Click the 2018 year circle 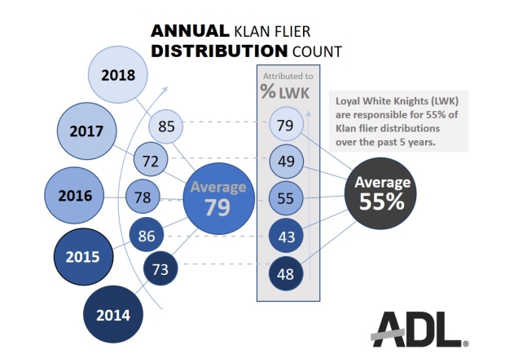pos(119,75)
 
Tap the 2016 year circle pos(74,195)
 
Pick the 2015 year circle pos(84,256)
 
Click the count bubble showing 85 pos(167,126)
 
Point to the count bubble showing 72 pos(150,161)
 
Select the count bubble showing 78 pos(143,197)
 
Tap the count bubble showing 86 pos(148,237)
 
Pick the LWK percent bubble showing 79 pos(285,125)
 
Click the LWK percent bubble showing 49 pos(285,161)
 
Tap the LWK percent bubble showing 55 pos(285,197)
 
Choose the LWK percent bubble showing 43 pos(285,236)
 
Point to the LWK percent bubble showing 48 pos(285,273)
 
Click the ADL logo pos(417,329)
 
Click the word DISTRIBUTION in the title pos(207,52)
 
